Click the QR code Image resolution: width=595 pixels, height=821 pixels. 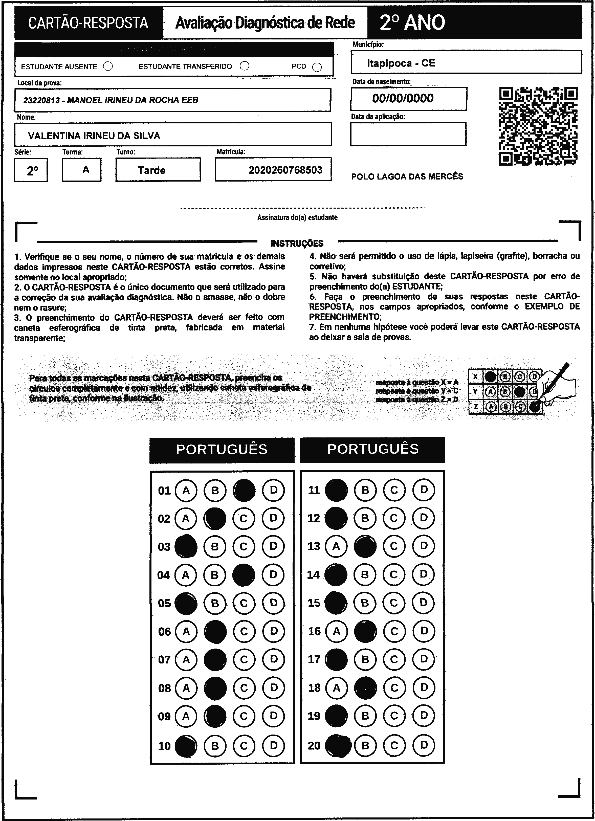coord(538,126)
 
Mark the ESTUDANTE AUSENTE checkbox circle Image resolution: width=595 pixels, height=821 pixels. coord(108,66)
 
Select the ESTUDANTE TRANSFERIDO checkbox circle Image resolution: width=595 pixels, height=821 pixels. coord(245,66)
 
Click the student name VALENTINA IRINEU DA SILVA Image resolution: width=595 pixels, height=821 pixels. coord(94,136)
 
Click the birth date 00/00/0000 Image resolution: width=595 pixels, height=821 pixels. coord(403,98)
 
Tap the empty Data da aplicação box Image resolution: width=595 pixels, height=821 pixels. coord(408,134)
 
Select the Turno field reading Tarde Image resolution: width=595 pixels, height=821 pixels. coord(152,170)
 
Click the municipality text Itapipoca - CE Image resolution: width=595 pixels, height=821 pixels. coord(401,63)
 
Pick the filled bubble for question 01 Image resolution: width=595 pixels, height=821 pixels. coord(244,491)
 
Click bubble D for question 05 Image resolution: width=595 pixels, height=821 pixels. coord(274,603)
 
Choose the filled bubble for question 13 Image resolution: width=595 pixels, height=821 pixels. coord(365,546)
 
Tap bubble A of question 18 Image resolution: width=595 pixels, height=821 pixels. coord(337,688)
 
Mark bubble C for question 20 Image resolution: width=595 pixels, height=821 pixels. coord(394,745)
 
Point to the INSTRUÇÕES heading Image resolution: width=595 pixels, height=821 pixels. coord(297,243)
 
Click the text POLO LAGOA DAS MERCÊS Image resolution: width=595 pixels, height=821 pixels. coord(407,177)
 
